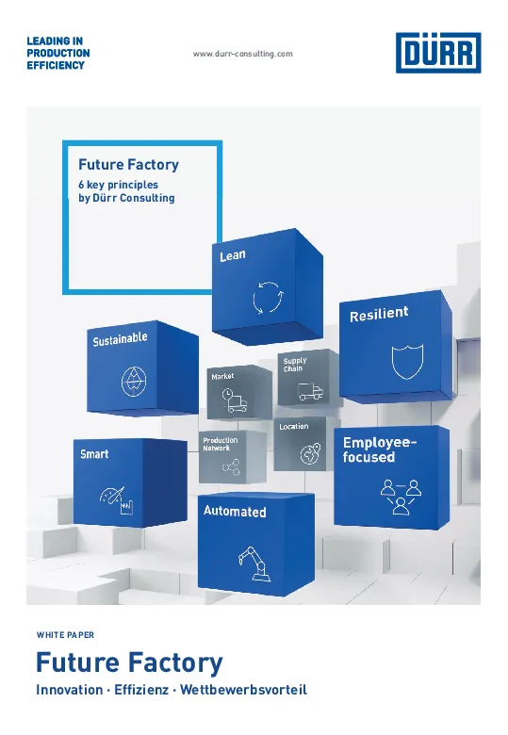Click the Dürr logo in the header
tap(438, 53)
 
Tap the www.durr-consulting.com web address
tap(243, 54)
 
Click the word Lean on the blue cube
tap(233, 255)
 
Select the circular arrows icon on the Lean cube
tap(268, 297)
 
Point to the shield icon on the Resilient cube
tap(407, 361)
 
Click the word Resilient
tap(379, 314)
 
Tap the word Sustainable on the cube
tap(120, 339)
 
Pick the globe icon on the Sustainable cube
tap(134, 381)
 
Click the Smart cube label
tap(94, 454)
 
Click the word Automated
tap(235, 511)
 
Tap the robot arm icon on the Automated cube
tap(254, 563)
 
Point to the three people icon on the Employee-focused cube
tap(401, 497)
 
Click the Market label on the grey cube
tap(222, 376)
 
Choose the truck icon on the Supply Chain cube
tap(310, 392)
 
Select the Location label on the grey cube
tap(294, 427)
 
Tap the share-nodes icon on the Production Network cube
tap(231, 466)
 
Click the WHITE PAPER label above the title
tap(65, 635)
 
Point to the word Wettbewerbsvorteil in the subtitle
tap(244, 690)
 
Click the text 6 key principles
tap(118, 185)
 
